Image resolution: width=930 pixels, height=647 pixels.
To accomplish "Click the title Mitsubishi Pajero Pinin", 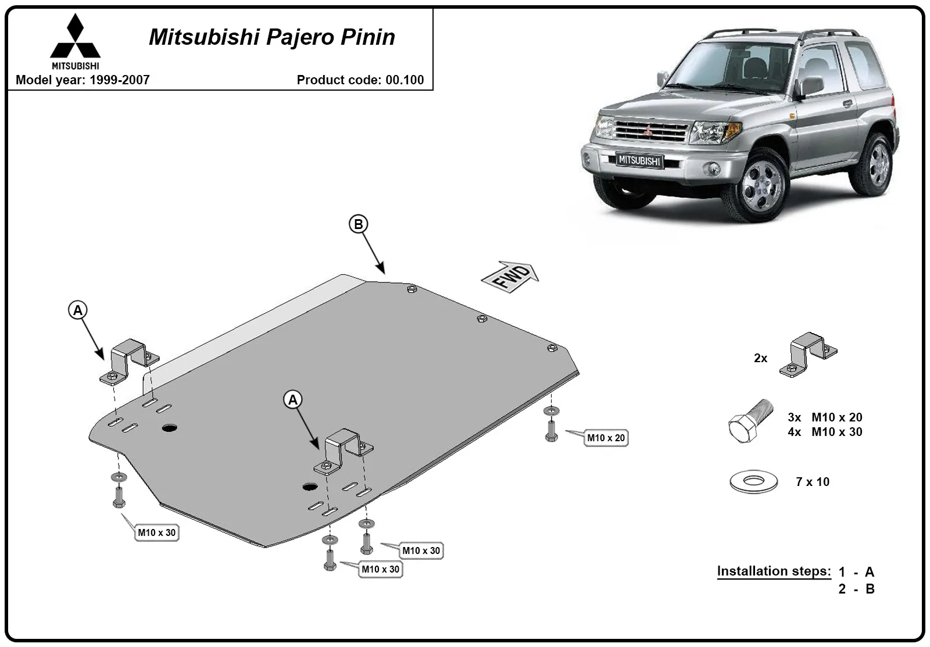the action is click(x=272, y=37).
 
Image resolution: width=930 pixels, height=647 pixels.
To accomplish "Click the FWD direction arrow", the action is click(x=510, y=277).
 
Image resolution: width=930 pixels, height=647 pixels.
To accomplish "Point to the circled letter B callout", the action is click(x=358, y=224).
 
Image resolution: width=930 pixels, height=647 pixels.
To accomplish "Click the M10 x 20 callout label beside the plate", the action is click(x=606, y=438).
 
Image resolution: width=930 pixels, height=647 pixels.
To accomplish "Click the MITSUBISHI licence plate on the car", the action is click(x=639, y=160).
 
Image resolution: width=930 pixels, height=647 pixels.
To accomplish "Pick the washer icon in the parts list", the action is click(x=753, y=481).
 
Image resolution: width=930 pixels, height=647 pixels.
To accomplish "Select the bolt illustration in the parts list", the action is click(x=750, y=421).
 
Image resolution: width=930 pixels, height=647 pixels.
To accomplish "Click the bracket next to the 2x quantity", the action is click(x=808, y=355).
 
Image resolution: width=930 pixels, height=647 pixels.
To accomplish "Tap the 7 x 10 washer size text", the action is click(x=813, y=482).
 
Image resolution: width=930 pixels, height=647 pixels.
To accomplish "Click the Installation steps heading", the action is click(x=774, y=571).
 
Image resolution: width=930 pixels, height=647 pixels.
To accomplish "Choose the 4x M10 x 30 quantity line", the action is click(x=825, y=432).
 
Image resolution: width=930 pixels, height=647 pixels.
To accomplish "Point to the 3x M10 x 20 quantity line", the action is click(x=825, y=417).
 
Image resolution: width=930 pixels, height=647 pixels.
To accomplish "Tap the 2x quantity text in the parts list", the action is click(x=761, y=358).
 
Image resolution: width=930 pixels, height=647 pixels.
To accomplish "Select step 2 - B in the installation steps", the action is click(x=856, y=589).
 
